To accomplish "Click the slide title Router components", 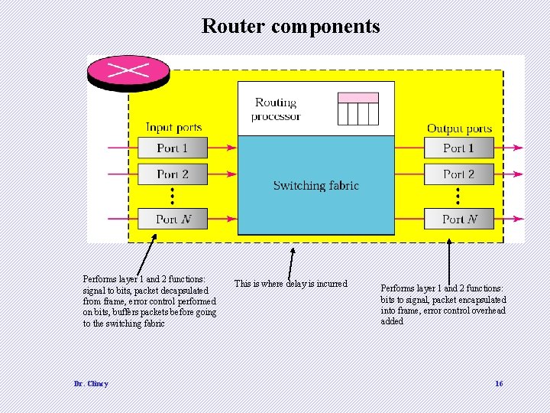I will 290,26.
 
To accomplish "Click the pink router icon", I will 128,70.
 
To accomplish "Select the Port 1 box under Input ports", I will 172,148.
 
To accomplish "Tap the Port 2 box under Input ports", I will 172,174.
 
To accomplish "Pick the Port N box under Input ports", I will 172,219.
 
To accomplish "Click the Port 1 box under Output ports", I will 459,148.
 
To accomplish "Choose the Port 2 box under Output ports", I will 459,174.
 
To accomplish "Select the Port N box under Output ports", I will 459,219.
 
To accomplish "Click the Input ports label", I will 173,127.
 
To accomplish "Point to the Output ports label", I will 459,128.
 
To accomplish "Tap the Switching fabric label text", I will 315,185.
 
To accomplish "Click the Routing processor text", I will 276,109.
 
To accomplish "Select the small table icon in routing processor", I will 358,109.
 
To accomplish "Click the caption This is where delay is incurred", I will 290,284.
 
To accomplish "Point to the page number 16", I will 499,383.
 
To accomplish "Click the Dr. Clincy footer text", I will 91,383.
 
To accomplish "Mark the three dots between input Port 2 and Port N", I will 173,197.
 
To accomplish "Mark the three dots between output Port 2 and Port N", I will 458,197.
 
